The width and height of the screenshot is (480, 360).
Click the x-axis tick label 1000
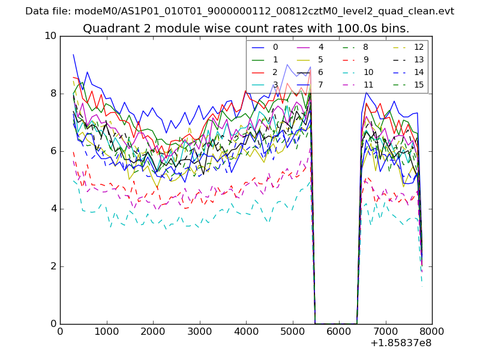(x=106, y=331)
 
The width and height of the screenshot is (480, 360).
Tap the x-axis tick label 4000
(x=246, y=331)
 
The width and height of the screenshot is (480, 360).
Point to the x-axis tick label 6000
(x=339, y=331)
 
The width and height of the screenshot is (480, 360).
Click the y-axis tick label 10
(x=50, y=36)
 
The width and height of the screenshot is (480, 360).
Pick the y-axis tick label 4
(x=53, y=209)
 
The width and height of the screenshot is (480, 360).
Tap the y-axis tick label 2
(x=53, y=266)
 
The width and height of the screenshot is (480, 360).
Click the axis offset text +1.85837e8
(x=401, y=343)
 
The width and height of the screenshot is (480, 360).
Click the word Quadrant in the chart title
(x=109, y=29)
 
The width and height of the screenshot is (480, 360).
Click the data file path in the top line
(x=264, y=11)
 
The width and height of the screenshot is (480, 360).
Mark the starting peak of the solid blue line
(x=73, y=55)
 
